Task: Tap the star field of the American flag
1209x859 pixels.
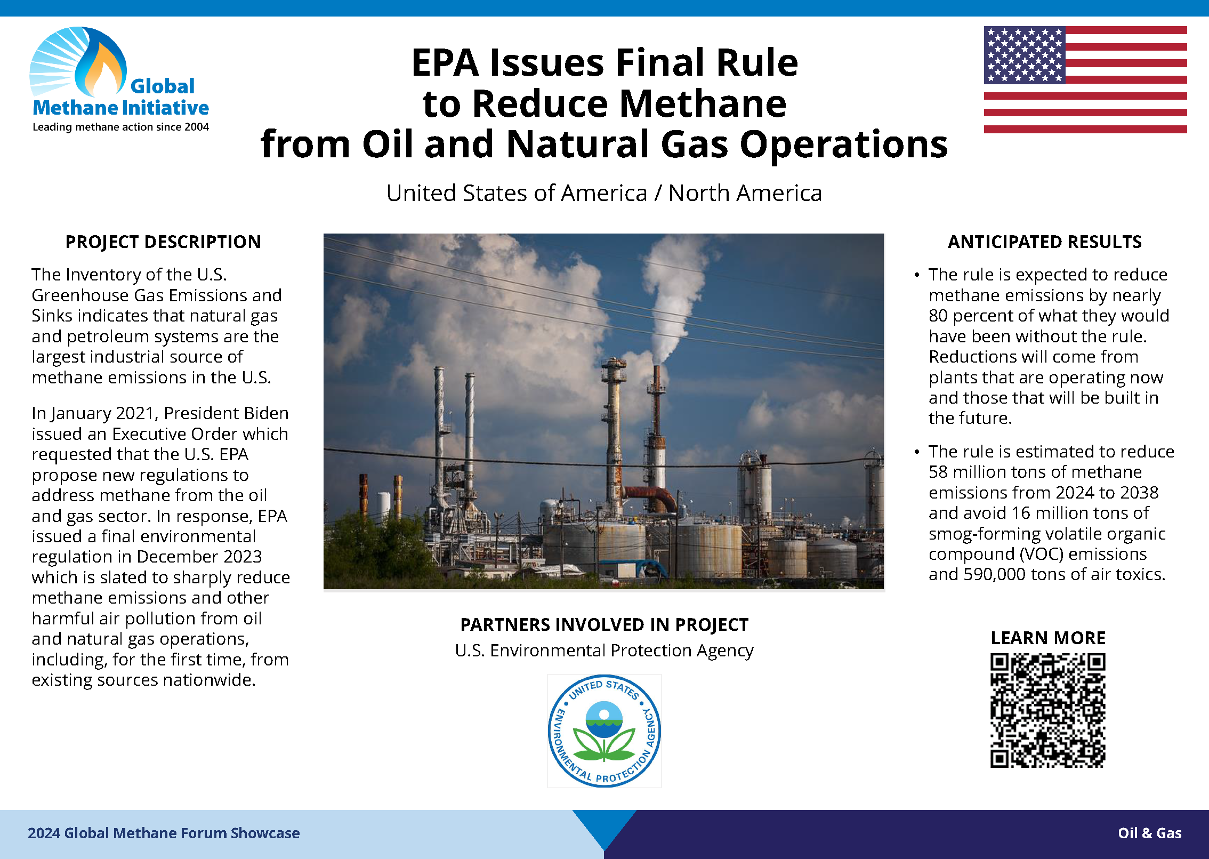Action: (x=1025, y=55)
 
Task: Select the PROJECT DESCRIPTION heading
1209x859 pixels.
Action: (x=163, y=242)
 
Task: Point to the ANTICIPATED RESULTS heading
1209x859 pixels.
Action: (x=1045, y=242)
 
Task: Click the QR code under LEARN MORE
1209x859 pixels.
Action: (x=1048, y=710)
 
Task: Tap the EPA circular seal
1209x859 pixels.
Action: (x=604, y=731)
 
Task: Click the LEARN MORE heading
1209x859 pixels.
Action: (x=1048, y=638)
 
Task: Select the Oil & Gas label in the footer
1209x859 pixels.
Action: (x=1150, y=833)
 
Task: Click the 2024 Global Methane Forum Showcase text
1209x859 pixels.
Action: (x=164, y=833)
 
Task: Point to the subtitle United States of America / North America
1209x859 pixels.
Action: (x=604, y=193)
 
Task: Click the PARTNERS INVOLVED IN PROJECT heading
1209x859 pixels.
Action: (x=604, y=624)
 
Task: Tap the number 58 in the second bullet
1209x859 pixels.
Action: (x=938, y=472)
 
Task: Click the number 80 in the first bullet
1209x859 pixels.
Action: (x=938, y=316)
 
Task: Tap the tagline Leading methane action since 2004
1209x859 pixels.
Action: (x=120, y=127)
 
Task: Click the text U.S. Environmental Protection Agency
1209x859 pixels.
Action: (x=604, y=651)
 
